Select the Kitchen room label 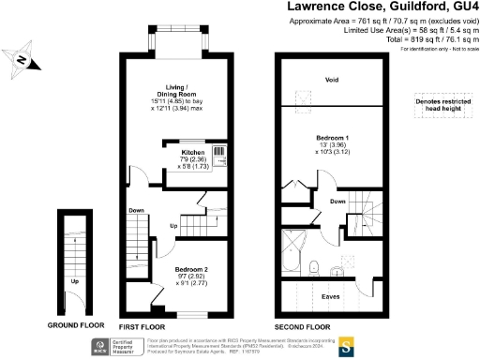[192, 152]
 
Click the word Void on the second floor [331, 79]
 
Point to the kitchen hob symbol [220, 153]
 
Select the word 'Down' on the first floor [136, 210]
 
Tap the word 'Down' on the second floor [337, 202]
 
